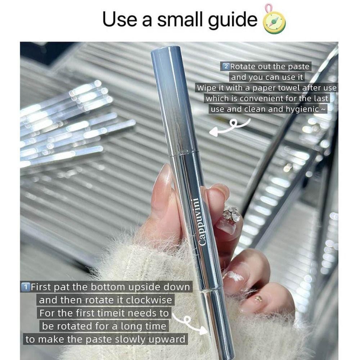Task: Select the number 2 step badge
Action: (x=226, y=67)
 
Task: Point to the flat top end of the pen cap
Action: (x=165, y=49)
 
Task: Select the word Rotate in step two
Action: (x=243, y=67)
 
